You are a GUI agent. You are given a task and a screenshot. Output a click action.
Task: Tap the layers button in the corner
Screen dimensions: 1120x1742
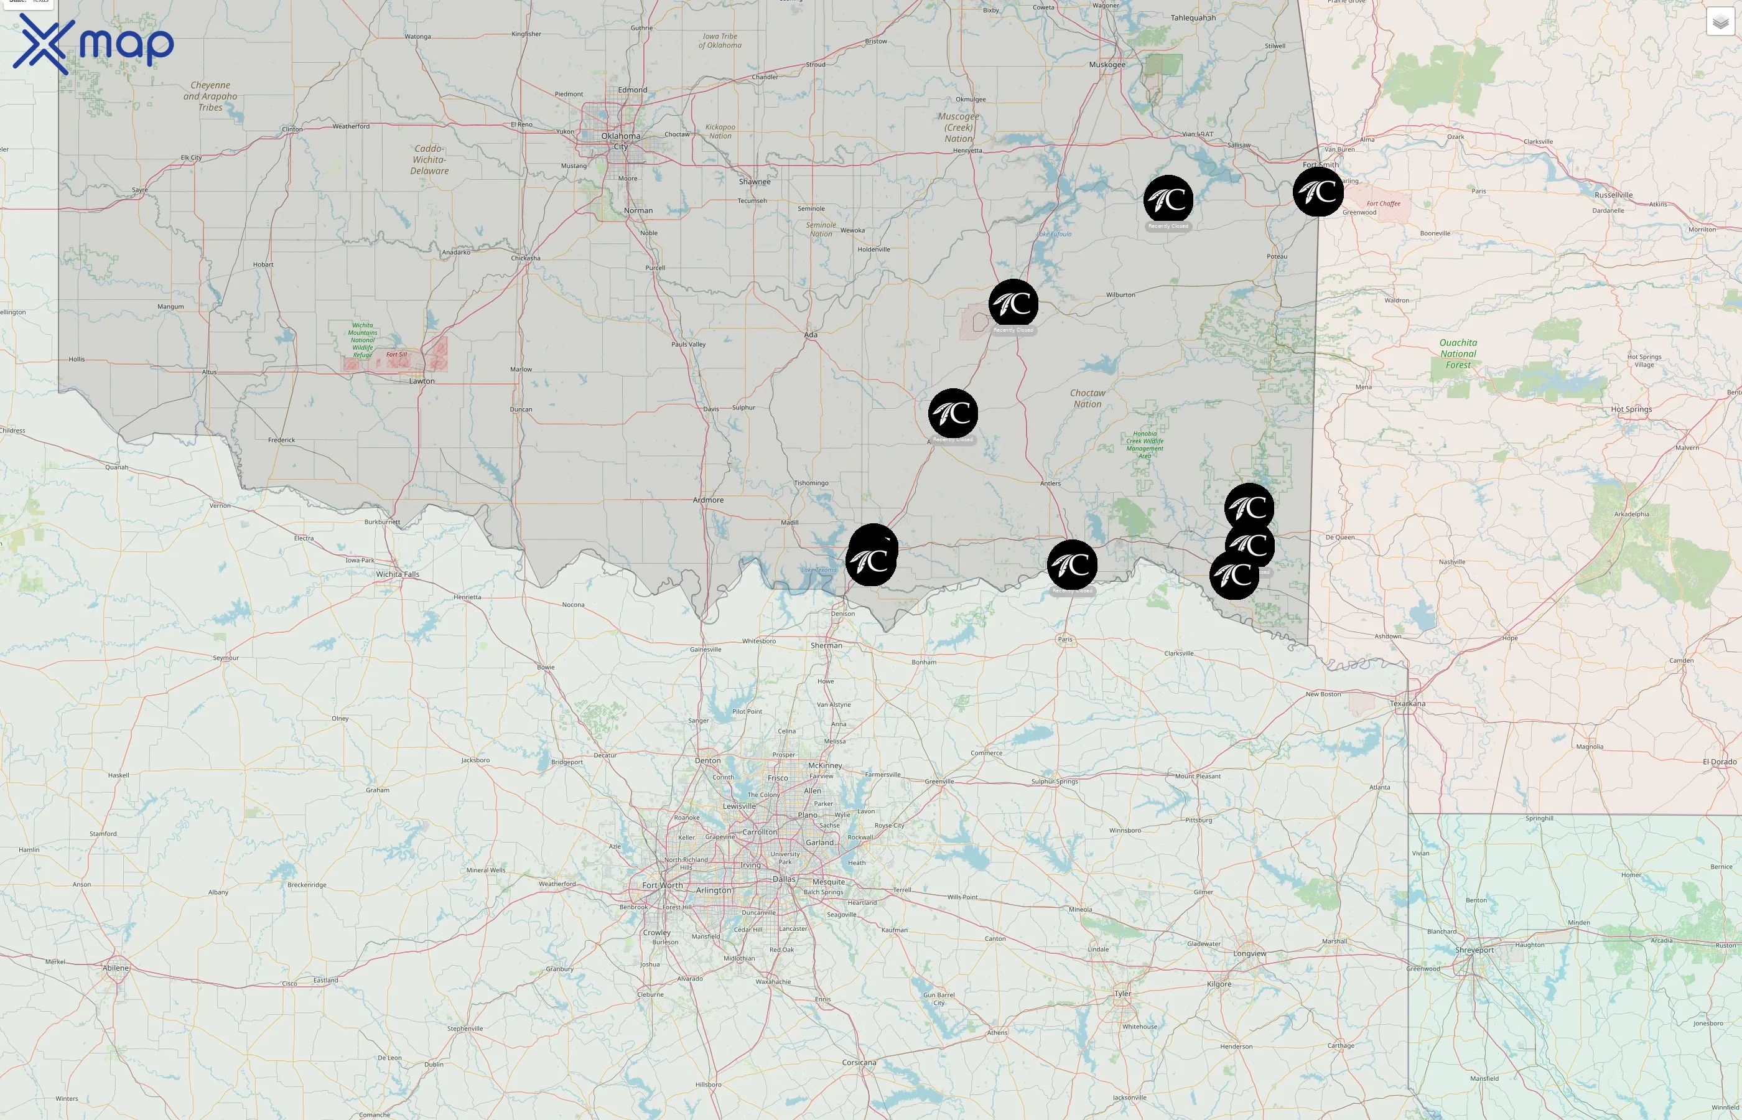click(1720, 22)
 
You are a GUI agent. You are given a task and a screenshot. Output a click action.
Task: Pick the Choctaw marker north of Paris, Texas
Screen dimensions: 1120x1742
click(1072, 564)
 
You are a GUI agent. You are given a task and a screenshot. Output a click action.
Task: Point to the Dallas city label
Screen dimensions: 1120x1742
click(784, 879)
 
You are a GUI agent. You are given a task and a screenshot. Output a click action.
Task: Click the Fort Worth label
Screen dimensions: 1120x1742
click(663, 885)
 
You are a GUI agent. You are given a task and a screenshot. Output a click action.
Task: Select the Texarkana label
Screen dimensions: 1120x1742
click(1407, 703)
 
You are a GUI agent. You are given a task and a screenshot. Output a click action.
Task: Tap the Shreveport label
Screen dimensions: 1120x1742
click(1474, 950)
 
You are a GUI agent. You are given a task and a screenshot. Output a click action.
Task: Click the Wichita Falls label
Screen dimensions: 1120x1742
click(398, 574)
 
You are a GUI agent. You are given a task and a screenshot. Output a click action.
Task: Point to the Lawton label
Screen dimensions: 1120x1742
click(422, 380)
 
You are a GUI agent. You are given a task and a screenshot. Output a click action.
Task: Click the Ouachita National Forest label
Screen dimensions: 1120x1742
click(1458, 353)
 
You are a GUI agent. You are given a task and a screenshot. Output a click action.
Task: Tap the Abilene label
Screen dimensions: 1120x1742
click(116, 968)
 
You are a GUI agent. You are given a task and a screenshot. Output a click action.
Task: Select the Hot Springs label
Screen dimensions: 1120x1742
click(1631, 409)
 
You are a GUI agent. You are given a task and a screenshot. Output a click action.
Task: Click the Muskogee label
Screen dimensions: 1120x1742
click(1107, 65)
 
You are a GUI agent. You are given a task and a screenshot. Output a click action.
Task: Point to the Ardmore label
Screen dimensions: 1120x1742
click(708, 500)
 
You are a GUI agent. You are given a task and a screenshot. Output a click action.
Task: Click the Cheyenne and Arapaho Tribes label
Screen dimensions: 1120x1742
click(210, 96)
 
